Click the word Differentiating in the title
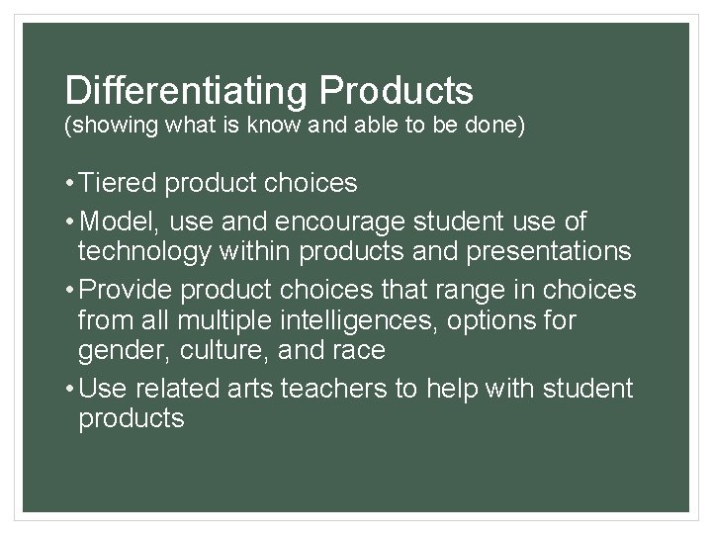[187, 91]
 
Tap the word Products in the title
[397, 91]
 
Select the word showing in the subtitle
[108, 128]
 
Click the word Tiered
[120, 184]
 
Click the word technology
[144, 252]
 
